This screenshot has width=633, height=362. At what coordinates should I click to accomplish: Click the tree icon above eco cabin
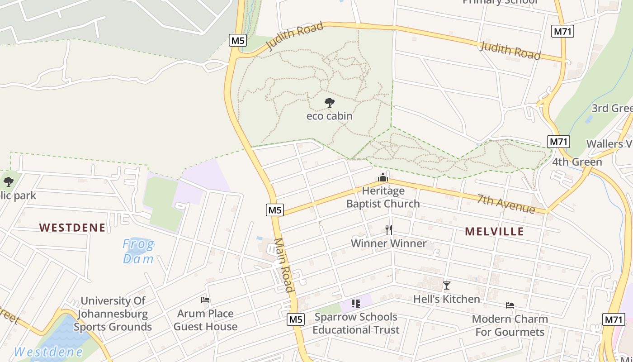330,103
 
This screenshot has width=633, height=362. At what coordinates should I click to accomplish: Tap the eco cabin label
330,116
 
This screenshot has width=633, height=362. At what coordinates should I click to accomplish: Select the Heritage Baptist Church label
383,197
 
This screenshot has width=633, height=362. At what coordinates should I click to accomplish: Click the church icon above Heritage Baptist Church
383,177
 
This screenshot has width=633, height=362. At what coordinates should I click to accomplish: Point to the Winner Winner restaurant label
388,243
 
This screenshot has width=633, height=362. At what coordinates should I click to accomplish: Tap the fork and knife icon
388,229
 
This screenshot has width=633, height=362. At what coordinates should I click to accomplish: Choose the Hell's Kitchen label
446,299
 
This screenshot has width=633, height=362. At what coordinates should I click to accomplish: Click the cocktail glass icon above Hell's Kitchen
446,286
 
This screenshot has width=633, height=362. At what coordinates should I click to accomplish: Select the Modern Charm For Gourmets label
510,325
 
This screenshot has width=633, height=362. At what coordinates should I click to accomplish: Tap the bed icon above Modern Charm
510,305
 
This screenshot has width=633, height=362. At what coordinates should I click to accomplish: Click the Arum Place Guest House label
205,320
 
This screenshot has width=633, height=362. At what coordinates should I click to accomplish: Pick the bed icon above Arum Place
205,300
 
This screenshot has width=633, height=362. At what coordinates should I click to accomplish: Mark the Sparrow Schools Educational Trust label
356,323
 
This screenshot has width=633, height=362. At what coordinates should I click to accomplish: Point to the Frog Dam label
139,252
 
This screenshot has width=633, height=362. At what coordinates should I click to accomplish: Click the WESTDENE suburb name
72,228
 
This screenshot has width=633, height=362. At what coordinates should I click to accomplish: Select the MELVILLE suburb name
494,232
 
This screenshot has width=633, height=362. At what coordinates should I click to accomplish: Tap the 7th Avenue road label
506,204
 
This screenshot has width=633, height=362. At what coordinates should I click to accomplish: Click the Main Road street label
284,265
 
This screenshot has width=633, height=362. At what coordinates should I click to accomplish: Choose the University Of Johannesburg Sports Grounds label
113,314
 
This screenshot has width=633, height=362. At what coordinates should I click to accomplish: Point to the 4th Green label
577,162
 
